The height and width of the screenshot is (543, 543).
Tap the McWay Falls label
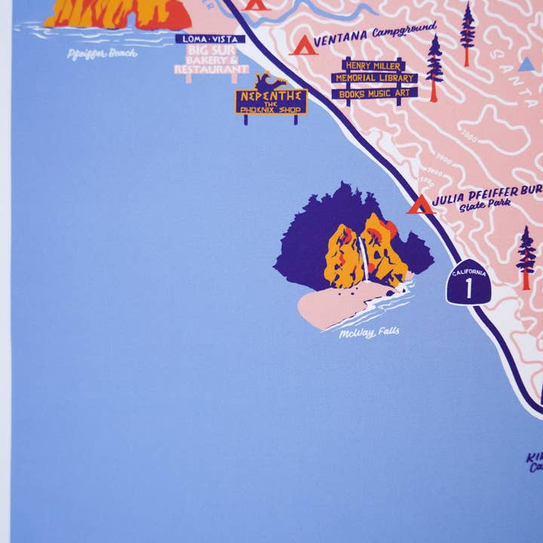pyautogui.click(x=369, y=332)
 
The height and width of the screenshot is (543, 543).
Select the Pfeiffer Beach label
pyautogui.click(x=101, y=53)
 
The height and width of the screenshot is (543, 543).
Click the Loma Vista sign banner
pyautogui.click(x=210, y=38)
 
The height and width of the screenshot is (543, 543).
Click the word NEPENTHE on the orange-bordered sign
pyautogui.click(x=271, y=97)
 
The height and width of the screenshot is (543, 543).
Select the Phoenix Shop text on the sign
pyautogui.click(x=271, y=109)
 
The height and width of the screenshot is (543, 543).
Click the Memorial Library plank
pyautogui.click(x=374, y=78)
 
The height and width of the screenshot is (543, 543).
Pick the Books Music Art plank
pyautogui.click(x=374, y=93)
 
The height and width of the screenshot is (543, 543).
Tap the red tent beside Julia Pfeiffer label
pyautogui.click(x=421, y=204)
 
